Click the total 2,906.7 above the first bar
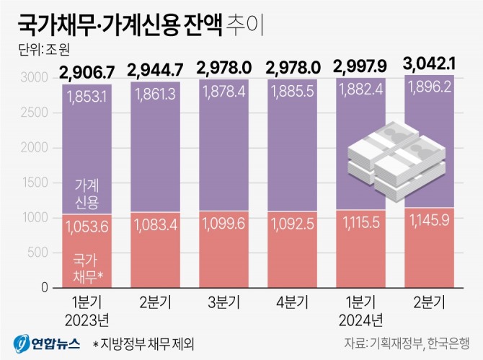click(x=85, y=70)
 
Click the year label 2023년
click(x=85, y=317)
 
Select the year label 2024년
click(x=360, y=317)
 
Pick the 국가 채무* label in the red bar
click(x=85, y=266)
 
